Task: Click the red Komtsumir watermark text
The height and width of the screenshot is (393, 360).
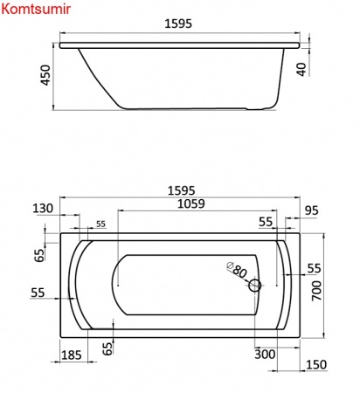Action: (x=36, y=10)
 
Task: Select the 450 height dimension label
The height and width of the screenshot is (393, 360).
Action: (x=45, y=75)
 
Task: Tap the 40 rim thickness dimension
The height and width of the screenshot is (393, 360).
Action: (x=302, y=69)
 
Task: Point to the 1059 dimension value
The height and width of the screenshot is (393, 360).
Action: (x=191, y=203)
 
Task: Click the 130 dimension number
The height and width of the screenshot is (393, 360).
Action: (x=43, y=209)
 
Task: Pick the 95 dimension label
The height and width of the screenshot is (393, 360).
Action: (x=311, y=210)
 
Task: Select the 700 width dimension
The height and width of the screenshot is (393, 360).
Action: (x=317, y=291)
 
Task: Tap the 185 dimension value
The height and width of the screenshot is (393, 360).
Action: (x=72, y=355)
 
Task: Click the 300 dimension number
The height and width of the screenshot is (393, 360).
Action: (x=265, y=355)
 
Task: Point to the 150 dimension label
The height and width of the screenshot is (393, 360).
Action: (x=316, y=364)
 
